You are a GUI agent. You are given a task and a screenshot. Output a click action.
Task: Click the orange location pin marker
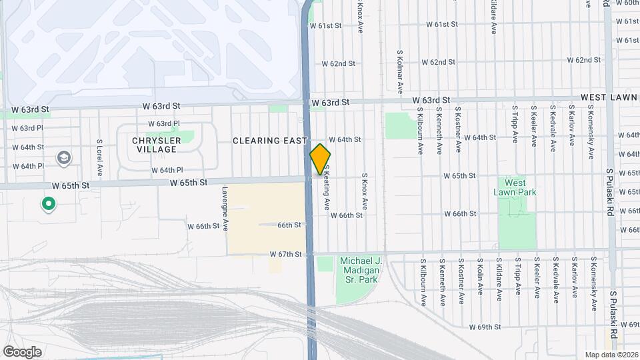[x=320, y=159]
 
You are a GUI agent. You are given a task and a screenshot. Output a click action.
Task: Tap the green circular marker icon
[x=48, y=204]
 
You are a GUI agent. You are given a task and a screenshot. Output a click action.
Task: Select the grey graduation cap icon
[x=65, y=158]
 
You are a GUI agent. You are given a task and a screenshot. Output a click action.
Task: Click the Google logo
[x=22, y=351]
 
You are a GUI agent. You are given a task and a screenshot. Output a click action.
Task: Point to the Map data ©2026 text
[x=611, y=355]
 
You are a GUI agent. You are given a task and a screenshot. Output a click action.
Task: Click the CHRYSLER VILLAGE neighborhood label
[x=156, y=145]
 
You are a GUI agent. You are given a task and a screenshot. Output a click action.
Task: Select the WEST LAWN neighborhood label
[x=609, y=97]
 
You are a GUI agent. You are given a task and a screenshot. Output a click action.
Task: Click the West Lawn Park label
[x=515, y=187]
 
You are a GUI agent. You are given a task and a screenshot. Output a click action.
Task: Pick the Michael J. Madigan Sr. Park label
[x=359, y=270]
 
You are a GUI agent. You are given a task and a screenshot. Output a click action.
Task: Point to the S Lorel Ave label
[x=99, y=157]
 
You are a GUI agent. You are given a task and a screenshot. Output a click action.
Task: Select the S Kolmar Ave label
[x=400, y=70]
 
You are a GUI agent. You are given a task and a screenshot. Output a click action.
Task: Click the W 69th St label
[x=484, y=327]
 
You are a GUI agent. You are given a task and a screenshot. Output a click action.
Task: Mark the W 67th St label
[x=286, y=254]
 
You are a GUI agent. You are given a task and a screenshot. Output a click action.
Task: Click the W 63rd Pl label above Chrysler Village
[x=164, y=123]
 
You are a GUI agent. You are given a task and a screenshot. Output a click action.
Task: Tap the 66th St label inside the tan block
[x=289, y=225]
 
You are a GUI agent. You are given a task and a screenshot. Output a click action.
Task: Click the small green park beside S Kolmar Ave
[x=399, y=125]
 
